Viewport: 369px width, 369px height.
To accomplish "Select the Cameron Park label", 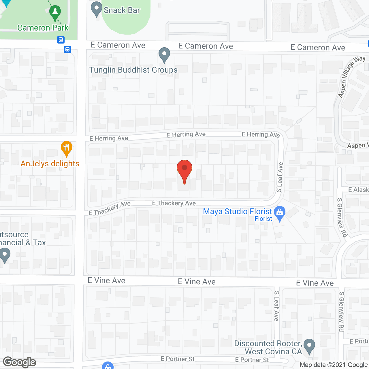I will click(x=43, y=28).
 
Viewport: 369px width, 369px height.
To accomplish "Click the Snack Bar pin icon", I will click(x=97, y=9).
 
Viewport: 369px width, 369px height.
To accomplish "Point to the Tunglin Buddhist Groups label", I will click(x=133, y=70).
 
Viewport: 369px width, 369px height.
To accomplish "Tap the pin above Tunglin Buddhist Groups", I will click(x=164, y=54).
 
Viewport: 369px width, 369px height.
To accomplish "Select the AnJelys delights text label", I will click(x=50, y=164).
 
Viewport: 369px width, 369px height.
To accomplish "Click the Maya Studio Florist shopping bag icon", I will click(x=279, y=213).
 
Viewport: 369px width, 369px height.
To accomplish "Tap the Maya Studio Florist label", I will click(x=238, y=212).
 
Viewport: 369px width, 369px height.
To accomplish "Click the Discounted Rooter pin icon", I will click(x=309, y=346).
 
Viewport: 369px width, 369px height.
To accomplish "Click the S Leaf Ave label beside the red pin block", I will click(x=280, y=177).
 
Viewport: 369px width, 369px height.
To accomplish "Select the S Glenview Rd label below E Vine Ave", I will click(x=341, y=311).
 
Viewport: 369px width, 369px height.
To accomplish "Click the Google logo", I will click(x=20, y=362).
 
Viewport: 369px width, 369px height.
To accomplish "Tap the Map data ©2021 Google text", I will click(x=334, y=365).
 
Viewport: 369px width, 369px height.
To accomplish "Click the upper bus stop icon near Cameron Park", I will click(x=61, y=40).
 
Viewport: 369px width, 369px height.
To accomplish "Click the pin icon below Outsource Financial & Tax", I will click(x=5, y=255).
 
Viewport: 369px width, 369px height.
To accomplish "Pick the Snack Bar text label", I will click(x=122, y=10).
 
